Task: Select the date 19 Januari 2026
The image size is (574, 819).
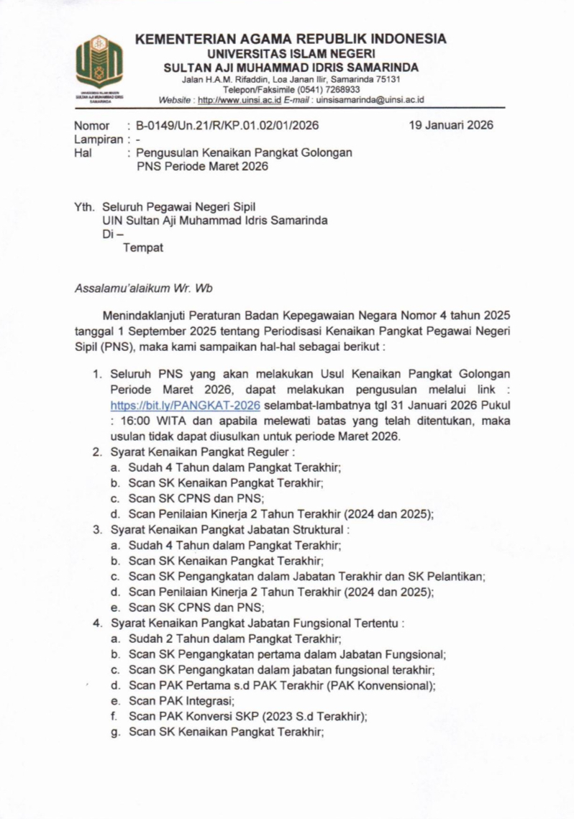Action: [x=450, y=125]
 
